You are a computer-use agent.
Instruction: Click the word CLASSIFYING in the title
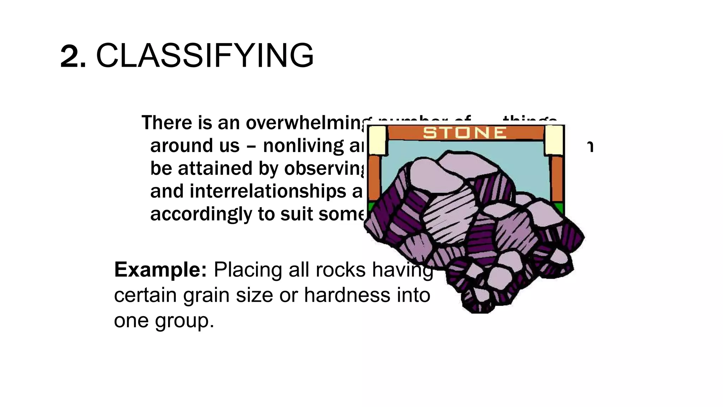click(205, 56)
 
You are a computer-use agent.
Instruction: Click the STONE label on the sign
click(465, 133)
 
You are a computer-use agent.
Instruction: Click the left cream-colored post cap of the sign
click(377, 140)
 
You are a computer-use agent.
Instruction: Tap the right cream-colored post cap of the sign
click(554, 140)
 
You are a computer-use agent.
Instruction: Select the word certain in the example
click(145, 295)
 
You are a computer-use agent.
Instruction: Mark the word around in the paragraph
click(176, 146)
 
